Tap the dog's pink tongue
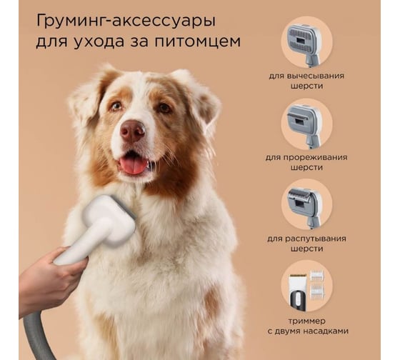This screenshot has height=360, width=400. click(x=133, y=167)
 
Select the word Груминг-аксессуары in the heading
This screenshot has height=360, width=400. click(x=126, y=21)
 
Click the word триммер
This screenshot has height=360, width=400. click(x=307, y=321)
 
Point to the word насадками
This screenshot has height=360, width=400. click(x=326, y=331)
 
